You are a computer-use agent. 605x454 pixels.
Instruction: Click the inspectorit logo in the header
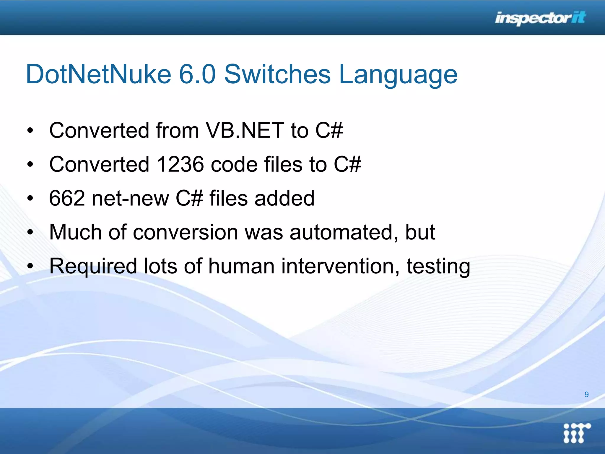point(540,18)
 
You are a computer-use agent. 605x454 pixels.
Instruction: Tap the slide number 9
point(586,394)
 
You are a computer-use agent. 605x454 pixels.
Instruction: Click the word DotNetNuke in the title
point(98,74)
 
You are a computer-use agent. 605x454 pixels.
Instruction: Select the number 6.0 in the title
point(197,74)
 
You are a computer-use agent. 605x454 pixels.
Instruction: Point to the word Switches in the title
point(277,74)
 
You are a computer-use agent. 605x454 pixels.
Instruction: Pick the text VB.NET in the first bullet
point(245,130)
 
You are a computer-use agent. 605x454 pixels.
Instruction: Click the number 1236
point(180,164)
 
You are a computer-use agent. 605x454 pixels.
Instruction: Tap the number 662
point(67,198)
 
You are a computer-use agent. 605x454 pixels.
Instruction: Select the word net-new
point(130,198)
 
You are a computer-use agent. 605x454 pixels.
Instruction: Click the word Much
point(75,232)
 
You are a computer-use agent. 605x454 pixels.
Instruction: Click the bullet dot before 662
point(30,199)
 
